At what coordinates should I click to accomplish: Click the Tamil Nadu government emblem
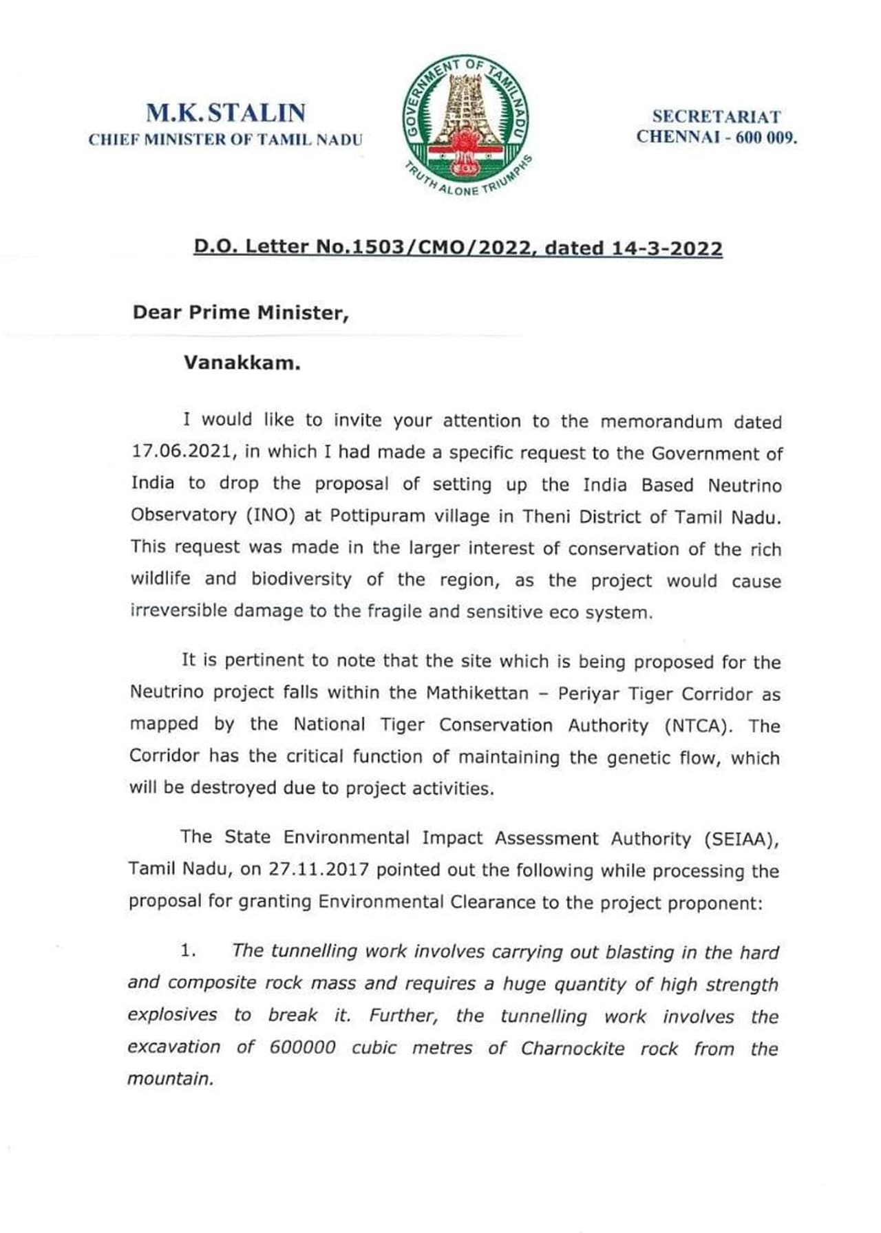[x=466, y=125]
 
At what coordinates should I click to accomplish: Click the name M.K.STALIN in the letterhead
[x=226, y=113]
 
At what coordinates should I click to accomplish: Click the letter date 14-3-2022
[x=667, y=248]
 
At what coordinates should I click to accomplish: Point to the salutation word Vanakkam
[x=242, y=363]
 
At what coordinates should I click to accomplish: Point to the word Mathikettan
[x=477, y=692]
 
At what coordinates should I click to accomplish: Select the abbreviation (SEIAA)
[x=741, y=839]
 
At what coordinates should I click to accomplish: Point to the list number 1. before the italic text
[x=188, y=951]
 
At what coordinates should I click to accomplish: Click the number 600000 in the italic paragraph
[x=303, y=1047]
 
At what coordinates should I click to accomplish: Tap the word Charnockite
[x=573, y=1048]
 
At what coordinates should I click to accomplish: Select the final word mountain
[x=170, y=1078]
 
